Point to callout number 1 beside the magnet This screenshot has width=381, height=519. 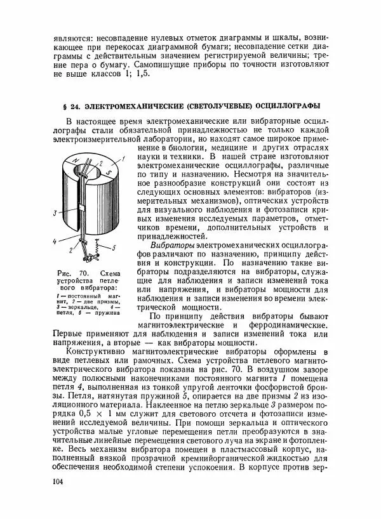click(x=124, y=157)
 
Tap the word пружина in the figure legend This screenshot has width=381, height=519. click(x=111, y=312)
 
